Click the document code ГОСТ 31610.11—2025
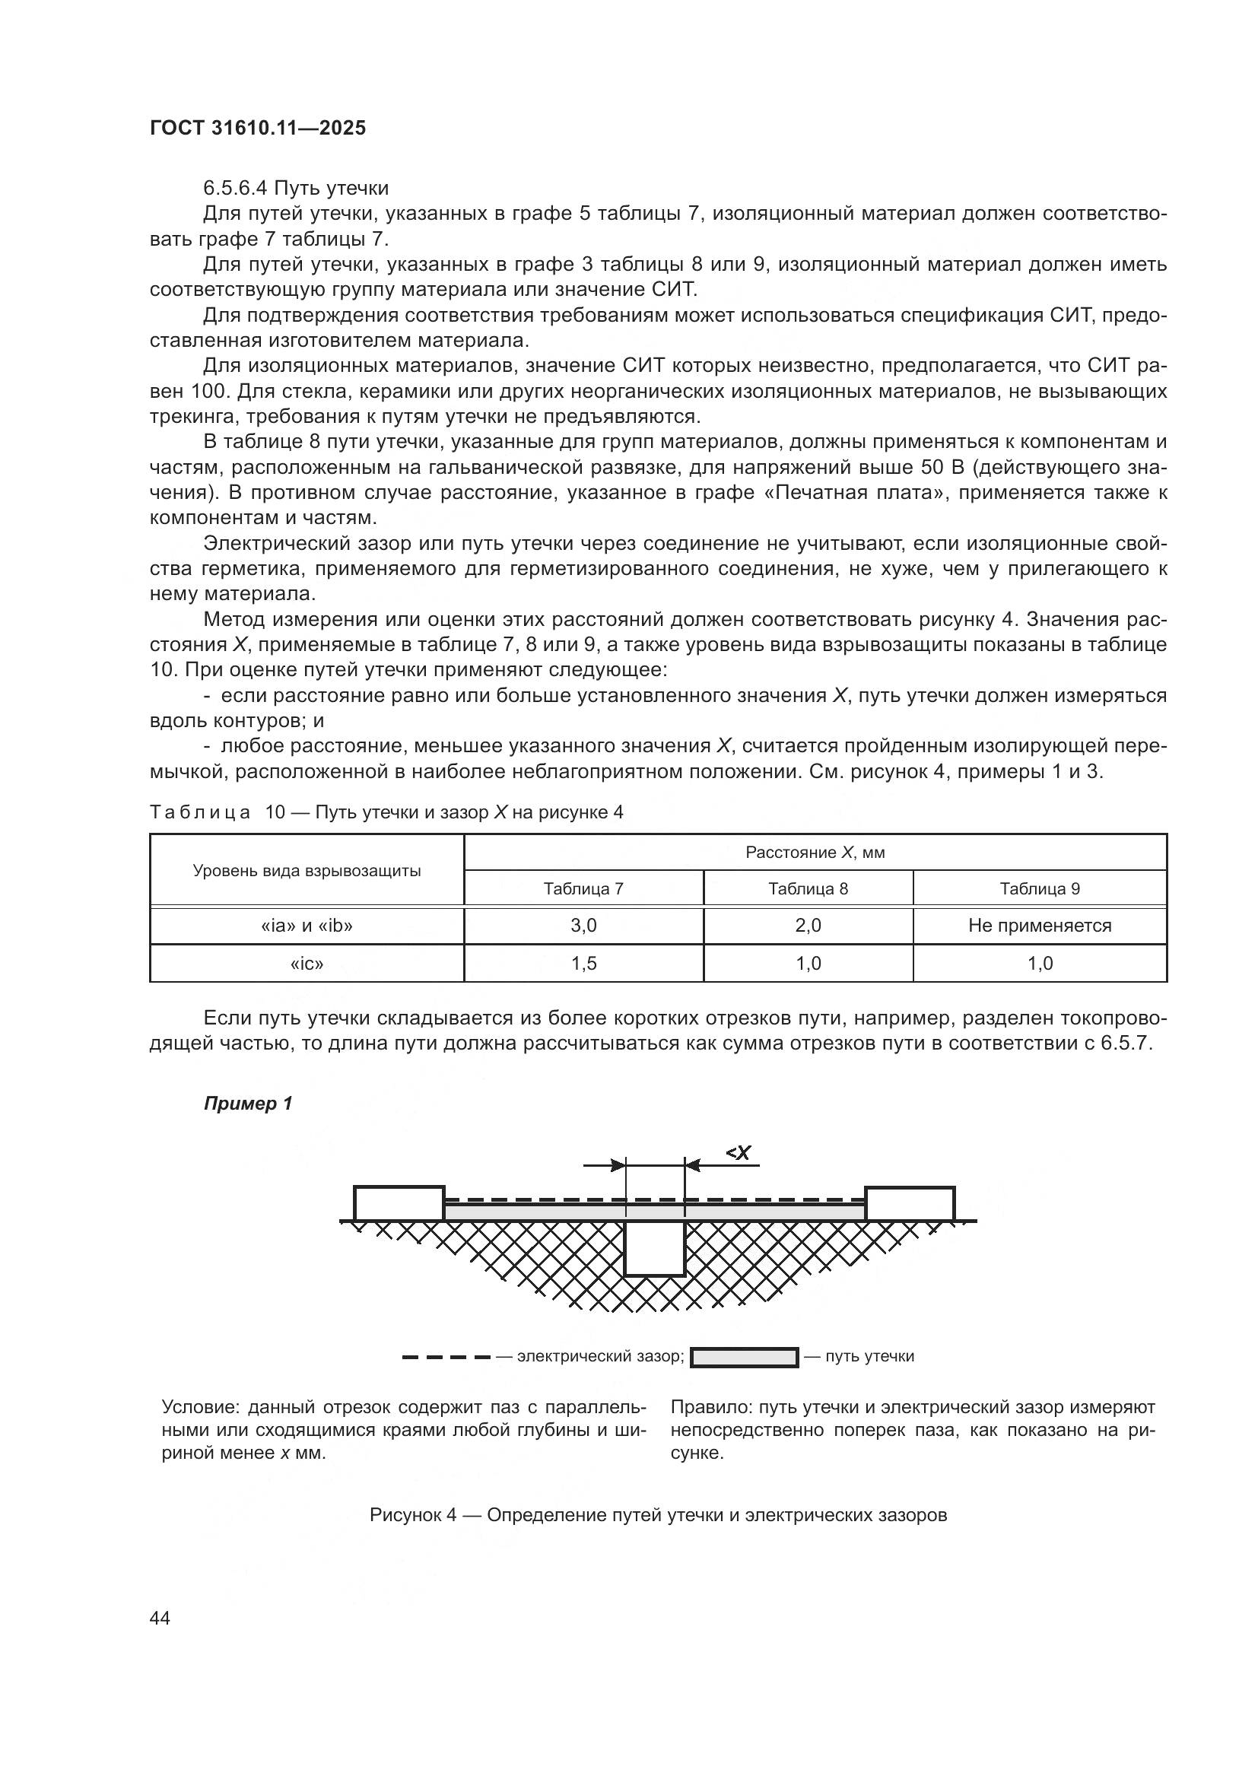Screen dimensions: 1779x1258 coord(257,129)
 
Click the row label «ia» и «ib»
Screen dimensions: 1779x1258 coord(307,925)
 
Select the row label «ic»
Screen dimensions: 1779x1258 coord(307,963)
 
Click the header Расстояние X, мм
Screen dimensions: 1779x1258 coord(814,853)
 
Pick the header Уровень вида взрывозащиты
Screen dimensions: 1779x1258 coord(307,870)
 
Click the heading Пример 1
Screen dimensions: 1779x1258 coord(248,1104)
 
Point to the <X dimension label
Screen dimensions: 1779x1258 coord(739,1153)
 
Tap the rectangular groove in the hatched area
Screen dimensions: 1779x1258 coord(655,1247)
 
